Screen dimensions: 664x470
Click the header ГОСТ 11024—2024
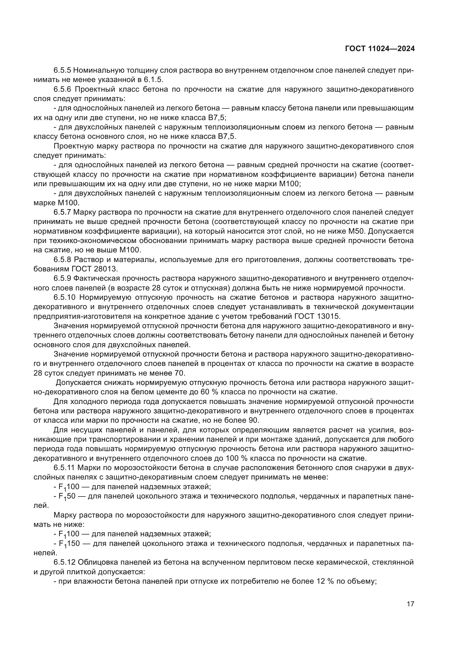[380, 49]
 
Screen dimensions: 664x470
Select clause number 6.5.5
[62, 70]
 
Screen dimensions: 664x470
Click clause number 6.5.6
[62, 89]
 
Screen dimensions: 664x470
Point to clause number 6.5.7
[62, 212]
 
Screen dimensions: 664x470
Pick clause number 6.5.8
[62, 259]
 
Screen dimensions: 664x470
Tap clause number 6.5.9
[62, 278]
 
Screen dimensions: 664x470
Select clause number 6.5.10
[64, 297]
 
